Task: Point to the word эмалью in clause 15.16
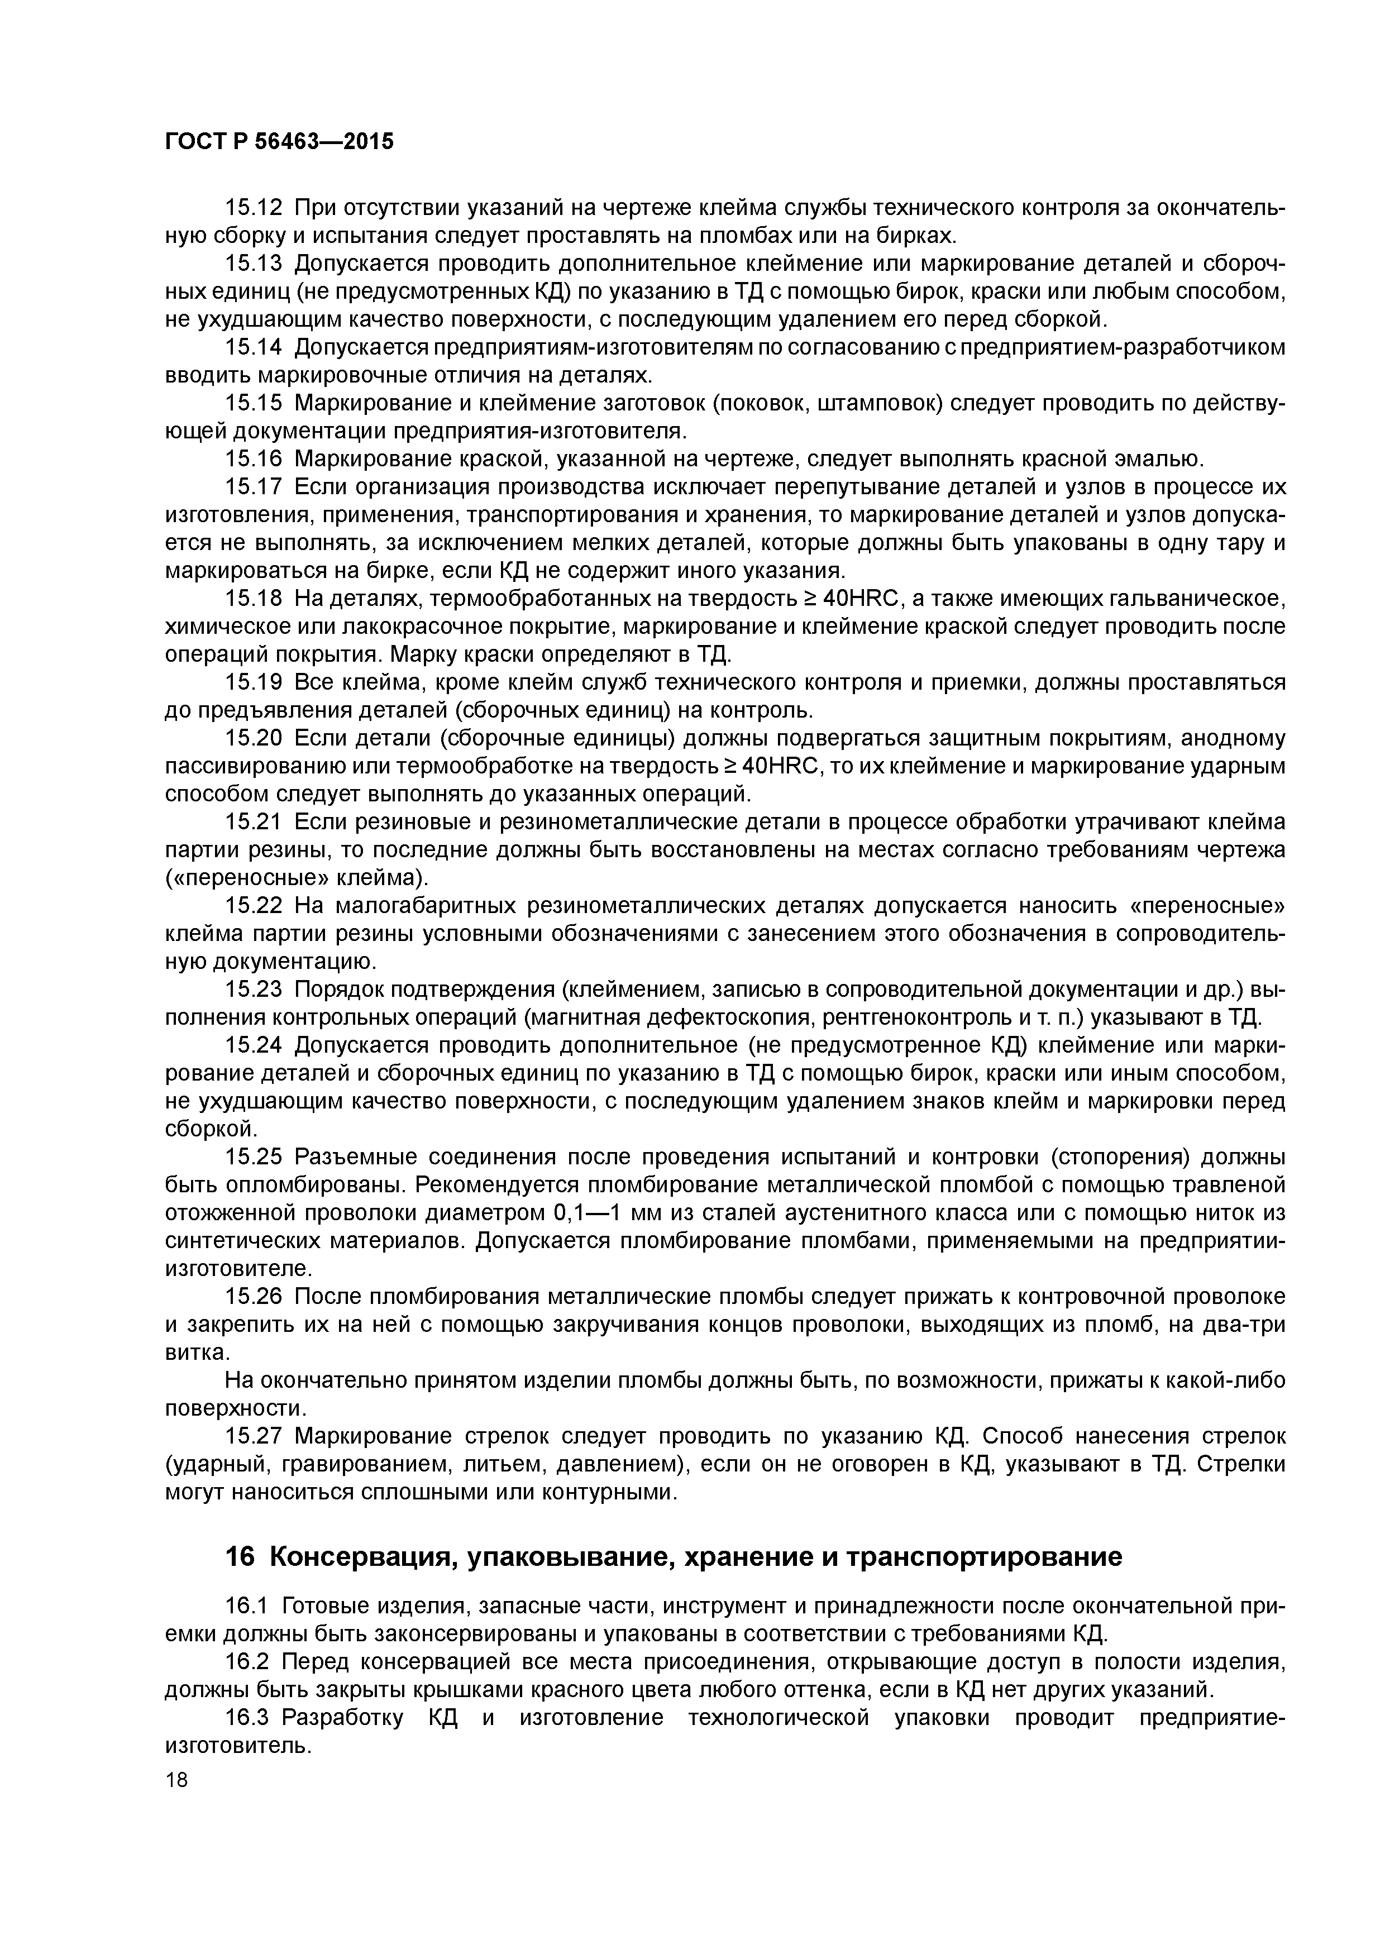click(1158, 459)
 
